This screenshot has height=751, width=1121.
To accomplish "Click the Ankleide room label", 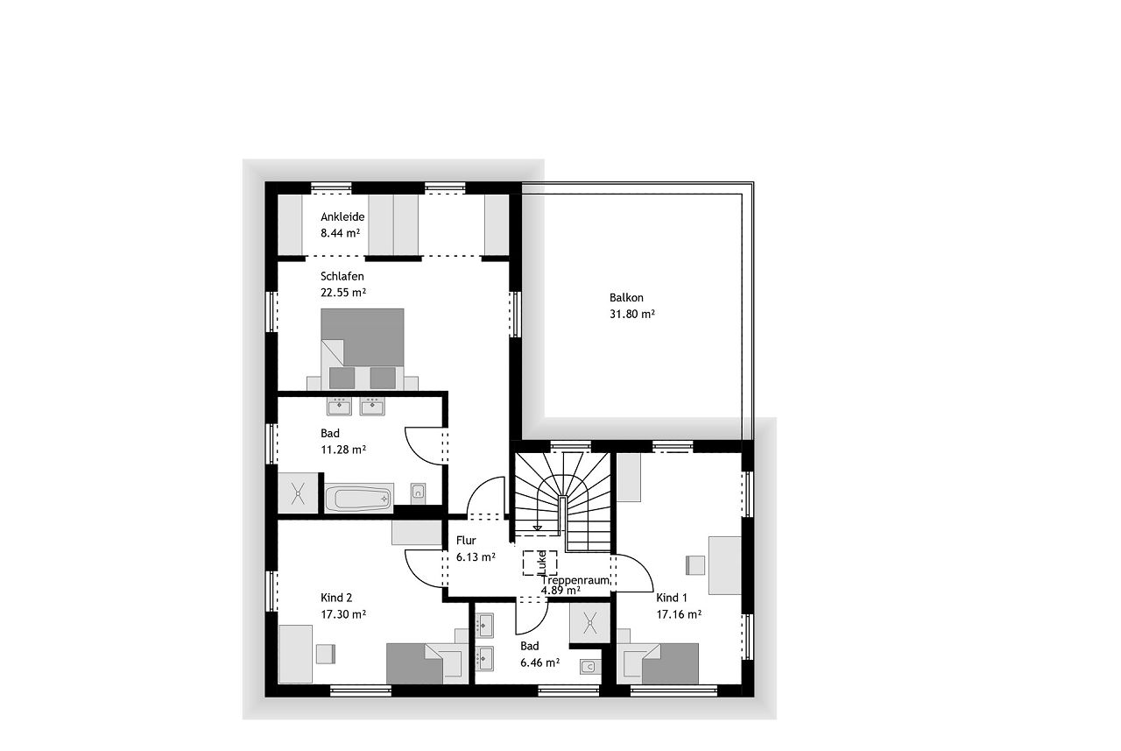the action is (342, 216).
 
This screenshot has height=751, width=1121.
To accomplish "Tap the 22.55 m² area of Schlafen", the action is (343, 292).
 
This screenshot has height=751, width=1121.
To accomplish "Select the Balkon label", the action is (626, 297).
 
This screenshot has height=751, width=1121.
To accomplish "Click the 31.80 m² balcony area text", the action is (632, 314).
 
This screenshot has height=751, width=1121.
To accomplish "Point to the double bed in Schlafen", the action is (363, 349).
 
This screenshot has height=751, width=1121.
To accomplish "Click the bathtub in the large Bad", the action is (358, 498).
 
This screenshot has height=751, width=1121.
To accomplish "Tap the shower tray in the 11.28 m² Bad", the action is (299, 492).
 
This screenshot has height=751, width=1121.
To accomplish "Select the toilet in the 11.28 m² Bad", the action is (418, 493).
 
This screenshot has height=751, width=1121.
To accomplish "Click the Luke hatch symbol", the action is (540, 563).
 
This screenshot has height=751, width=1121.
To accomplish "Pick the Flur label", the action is (466, 540).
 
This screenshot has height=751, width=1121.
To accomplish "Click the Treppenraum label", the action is (575, 580).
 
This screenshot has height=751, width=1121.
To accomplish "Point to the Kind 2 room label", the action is (336, 598).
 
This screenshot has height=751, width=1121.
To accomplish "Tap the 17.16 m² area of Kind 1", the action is (679, 613).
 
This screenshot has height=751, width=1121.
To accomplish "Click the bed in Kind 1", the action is (658, 663).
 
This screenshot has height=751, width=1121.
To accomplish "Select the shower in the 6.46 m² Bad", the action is (590, 623).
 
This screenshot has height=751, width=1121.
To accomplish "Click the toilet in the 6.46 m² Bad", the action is (590, 666).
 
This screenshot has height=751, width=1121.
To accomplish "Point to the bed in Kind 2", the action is (425, 663).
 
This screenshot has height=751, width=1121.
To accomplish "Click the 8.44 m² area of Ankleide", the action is (341, 233).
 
